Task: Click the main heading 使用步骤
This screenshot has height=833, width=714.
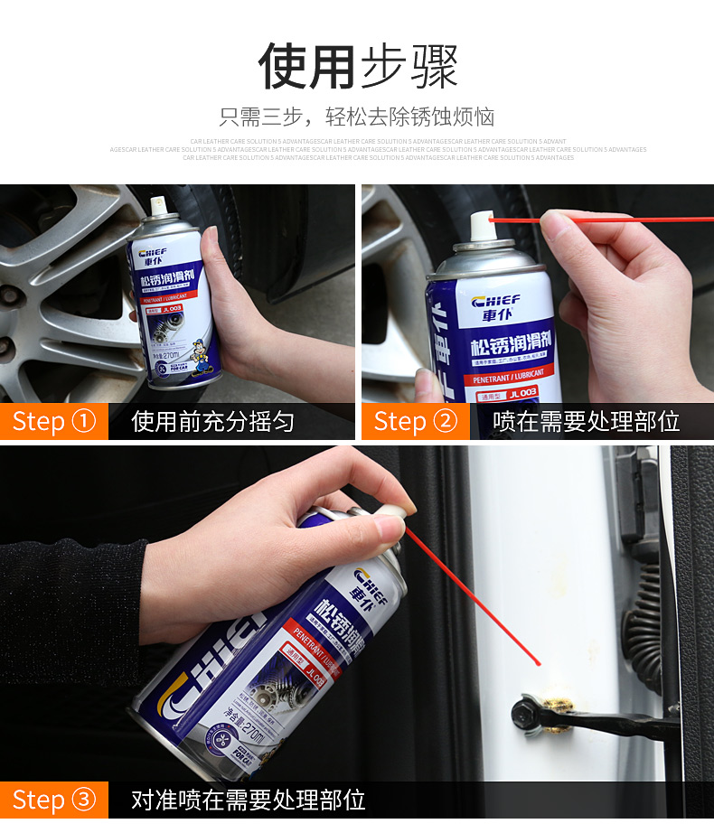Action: click(358, 66)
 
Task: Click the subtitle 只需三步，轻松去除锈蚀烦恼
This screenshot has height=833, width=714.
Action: click(357, 117)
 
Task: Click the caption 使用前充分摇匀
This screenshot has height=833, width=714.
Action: click(212, 422)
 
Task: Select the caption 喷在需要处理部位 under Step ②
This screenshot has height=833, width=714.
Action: click(586, 422)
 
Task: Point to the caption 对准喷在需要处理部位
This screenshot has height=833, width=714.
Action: click(248, 800)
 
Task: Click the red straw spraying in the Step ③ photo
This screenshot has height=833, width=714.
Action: click(470, 596)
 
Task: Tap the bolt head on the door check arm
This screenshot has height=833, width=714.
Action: click(525, 712)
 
